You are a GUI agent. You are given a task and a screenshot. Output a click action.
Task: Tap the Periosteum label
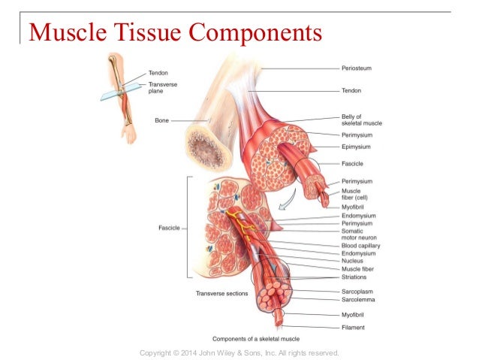tap(357, 68)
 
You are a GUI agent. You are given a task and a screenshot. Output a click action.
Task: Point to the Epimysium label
tap(356, 147)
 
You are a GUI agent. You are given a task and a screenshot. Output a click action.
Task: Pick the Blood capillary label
tap(360, 246)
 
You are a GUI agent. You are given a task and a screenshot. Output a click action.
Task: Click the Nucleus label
tap(352, 261)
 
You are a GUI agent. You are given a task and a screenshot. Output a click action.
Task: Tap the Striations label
tap(354, 277)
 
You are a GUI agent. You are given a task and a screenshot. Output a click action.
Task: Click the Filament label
tap(352, 327)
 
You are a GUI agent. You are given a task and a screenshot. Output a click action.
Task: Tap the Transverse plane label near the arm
tap(160, 89)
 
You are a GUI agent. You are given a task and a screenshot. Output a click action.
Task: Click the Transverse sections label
tap(221, 293)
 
